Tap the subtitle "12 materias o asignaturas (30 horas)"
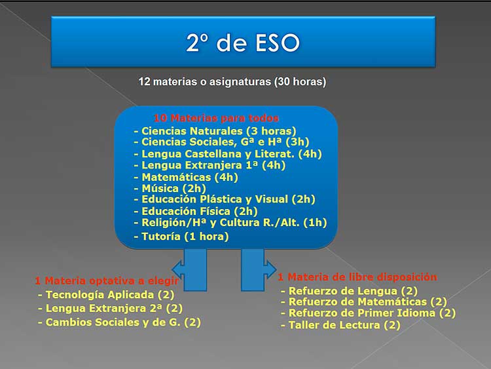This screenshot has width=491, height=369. pyautogui.click(x=232, y=82)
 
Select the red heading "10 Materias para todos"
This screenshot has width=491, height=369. pyautogui.click(x=216, y=119)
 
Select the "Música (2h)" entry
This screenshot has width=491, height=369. pyautogui.click(x=169, y=188)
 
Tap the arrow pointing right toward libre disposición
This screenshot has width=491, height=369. pyautogui.click(x=257, y=269)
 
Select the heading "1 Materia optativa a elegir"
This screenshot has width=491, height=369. pyautogui.click(x=107, y=281)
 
